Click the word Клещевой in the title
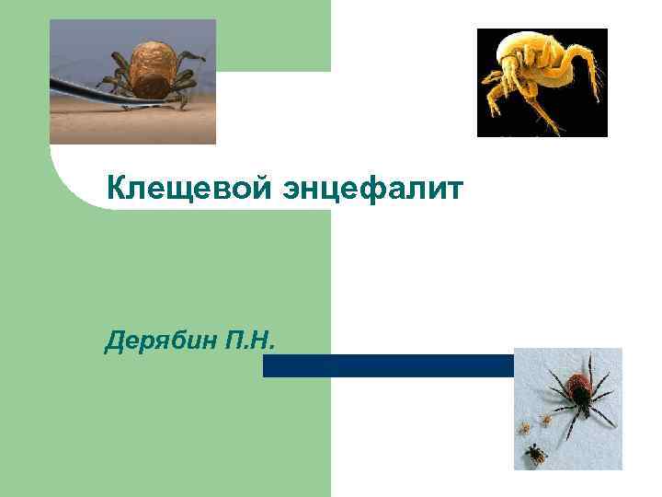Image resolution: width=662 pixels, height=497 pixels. tap(184, 189)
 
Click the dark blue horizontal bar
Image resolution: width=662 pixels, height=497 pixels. tap(386, 365)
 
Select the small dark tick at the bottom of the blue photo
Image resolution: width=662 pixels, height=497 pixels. tap(533, 453)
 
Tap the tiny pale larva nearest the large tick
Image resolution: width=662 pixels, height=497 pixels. tap(545, 420)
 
